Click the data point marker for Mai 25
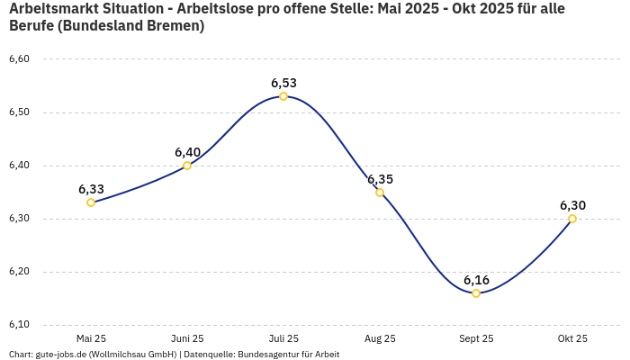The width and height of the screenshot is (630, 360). (91, 202)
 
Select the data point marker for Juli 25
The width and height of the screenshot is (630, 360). (283, 96)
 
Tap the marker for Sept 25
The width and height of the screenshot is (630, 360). (476, 293)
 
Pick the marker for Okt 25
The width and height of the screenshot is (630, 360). (572, 219)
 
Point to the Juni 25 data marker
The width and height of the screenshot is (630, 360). (187, 166)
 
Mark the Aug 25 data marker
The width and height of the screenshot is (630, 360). (380, 193)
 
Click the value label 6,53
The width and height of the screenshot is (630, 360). (283, 83)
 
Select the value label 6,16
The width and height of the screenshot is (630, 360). (476, 280)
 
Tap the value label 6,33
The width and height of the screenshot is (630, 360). (91, 189)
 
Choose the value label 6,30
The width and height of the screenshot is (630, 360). (572, 205)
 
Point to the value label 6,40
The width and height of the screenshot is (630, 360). (187, 152)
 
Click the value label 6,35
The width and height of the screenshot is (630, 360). (380, 179)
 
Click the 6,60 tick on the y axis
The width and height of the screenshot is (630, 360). (19, 59)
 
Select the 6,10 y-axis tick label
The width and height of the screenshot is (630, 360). (19, 325)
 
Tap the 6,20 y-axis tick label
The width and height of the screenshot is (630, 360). (19, 272)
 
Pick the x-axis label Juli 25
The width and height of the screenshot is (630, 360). (283, 338)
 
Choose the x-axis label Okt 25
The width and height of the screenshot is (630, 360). (572, 338)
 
